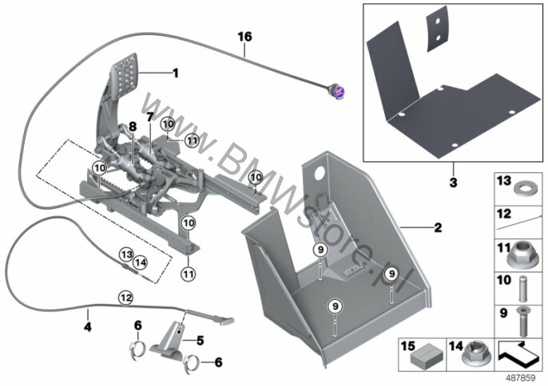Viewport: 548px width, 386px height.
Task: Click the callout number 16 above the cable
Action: click(x=244, y=37)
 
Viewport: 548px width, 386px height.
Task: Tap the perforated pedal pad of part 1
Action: click(x=125, y=76)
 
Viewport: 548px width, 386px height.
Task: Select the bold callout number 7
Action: click(x=150, y=117)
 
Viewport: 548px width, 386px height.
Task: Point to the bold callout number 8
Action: click(x=133, y=127)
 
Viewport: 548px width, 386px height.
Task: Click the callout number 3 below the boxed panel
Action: click(x=453, y=182)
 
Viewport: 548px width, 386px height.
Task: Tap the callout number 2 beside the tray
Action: click(x=438, y=228)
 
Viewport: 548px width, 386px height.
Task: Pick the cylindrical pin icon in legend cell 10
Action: click(x=522, y=289)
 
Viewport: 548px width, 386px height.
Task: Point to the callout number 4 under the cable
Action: click(x=87, y=327)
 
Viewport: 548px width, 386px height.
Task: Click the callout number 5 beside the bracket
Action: click(x=200, y=341)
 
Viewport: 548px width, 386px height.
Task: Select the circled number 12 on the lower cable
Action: click(x=126, y=297)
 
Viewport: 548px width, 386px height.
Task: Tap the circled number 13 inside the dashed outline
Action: click(x=126, y=254)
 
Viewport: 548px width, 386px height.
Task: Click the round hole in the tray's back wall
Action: click(x=320, y=173)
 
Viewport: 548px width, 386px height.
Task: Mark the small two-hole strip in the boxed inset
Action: click(x=437, y=29)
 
